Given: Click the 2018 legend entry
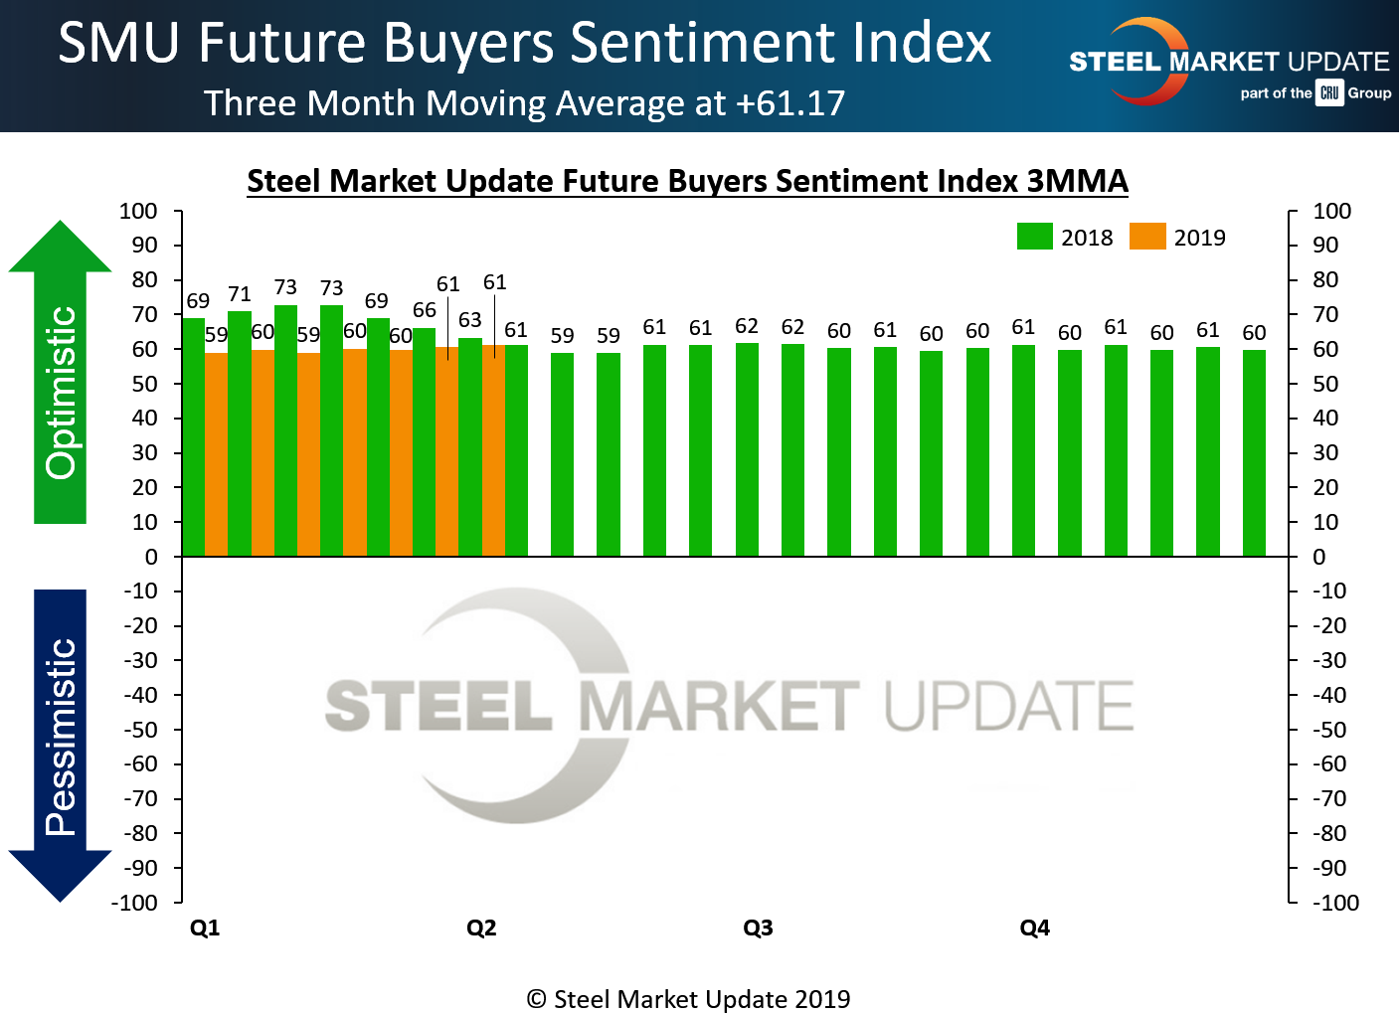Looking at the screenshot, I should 1065,237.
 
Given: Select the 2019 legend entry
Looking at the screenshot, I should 1178,237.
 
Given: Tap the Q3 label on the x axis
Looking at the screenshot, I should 758,928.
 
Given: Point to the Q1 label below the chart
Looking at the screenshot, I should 205,928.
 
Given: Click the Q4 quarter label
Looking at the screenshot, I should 1034,928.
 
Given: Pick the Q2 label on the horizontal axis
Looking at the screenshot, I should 481,928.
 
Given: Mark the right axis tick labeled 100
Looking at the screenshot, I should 1331,211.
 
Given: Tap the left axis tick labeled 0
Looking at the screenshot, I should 151,557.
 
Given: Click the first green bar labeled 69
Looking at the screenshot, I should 193,437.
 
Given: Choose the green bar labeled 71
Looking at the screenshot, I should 240,433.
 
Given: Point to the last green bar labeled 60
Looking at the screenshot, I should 1254,452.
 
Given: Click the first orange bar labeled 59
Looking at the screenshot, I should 217,454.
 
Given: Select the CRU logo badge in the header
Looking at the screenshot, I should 1329,92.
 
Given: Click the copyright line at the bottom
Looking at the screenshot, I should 688,999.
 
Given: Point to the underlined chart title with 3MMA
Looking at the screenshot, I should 687,181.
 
